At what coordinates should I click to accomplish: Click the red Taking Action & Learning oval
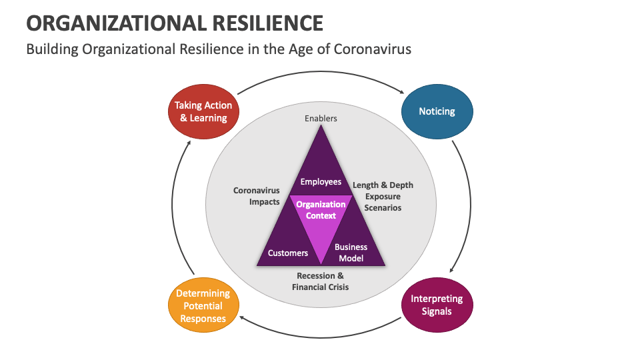[x=203, y=111]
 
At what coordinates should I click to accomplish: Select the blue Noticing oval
[x=437, y=111]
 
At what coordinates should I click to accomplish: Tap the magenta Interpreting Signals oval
[x=437, y=305]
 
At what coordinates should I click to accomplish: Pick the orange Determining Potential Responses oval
[x=203, y=305]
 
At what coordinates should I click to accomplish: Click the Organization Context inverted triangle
[x=321, y=220]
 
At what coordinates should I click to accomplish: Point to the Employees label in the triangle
[x=321, y=181]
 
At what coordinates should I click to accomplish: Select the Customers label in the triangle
[x=288, y=253]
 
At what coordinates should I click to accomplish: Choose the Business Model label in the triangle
[x=351, y=252]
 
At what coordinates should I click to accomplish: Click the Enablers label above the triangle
[x=321, y=119]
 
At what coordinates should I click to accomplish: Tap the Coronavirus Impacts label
[x=256, y=196]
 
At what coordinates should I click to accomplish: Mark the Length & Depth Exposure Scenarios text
[x=383, y=196]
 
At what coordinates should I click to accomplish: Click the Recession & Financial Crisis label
[x=320, y=281]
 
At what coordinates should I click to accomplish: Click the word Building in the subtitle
[x=51, y=49]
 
